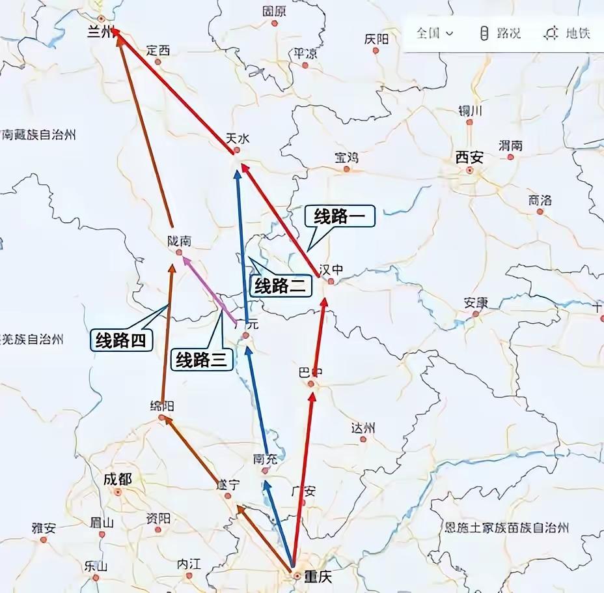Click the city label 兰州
pyautogui.click(x=100, y=33)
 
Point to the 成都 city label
pyautogui.click(x=117, y=480)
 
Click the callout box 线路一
pyautogui.click(x=339, y=216)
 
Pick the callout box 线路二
pyautogui.click(x=279, y=285)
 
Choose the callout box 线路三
pyautogui.click(x=202, y=359)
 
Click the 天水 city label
pyautogui.click(x=237, y=138)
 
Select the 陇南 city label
pyautogui.click(x=179, y=241)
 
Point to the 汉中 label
pyautogui.click(x=331, y=270)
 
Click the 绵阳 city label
pyautogui.click(x=161, y=406)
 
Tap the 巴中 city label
pyautogui.click(x=310, y=373)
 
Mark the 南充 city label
pyautogui.click(x=265, y=459)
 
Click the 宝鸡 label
pyautogui.click(x=346, y=157)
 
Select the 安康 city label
pyautogui.click(x=476, y=302)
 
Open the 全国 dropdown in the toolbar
pyautogui.click(x=435, y=33)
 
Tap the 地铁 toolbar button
pyautogui.click(x=568, y=33)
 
